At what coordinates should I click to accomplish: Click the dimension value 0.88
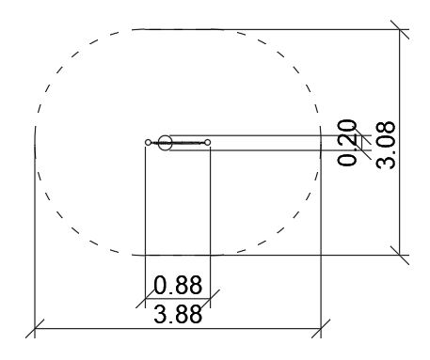pos(178,285)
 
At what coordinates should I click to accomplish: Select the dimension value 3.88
pos(178,314)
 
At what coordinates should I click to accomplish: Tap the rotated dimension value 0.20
pos(347,143)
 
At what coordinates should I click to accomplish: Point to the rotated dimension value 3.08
pos(386,145)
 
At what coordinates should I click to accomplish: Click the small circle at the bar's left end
pos(148,143)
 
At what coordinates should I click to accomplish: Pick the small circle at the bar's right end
pos(207,143)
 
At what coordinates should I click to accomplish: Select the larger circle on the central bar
pos(165,143)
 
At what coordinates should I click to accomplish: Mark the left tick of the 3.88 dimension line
pos(35,329)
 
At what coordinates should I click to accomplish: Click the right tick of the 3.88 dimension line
pos(321,329)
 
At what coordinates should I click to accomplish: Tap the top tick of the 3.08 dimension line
pos(400,29)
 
